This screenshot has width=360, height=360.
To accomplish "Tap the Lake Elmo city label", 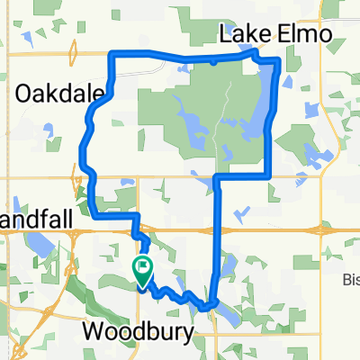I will click(x=275, y=35).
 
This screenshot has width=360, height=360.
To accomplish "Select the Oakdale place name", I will click(x=56, y=92).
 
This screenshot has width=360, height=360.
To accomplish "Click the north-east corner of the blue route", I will click(x=277, y=60).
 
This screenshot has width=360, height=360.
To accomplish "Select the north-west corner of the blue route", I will click(x=111, y=54).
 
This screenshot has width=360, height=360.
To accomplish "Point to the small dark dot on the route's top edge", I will click(x=212, y=63).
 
